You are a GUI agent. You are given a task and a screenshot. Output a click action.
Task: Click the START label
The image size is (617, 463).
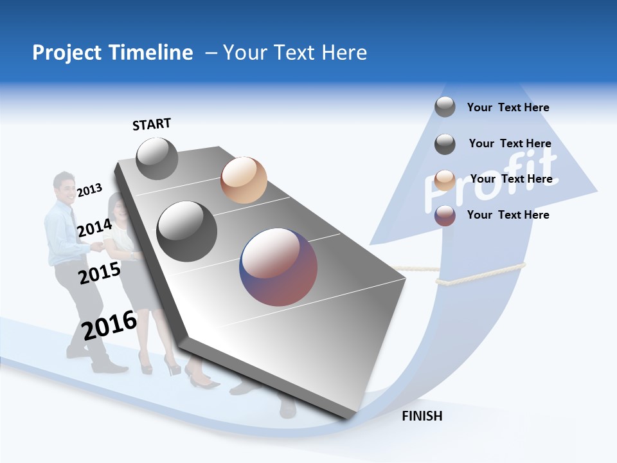pyautogui.click(x=152, y=124)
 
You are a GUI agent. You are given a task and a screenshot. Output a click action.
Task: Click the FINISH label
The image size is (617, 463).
pyautogui.click(x=422, y=416)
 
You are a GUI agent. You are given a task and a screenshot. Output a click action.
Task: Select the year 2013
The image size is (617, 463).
pyautogui.click(x=89, y=190)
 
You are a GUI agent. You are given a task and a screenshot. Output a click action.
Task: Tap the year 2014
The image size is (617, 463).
pyautogui.click(x=94, y=228)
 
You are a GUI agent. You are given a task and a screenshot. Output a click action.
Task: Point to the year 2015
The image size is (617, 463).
pyautogui.click(x=99, y=273)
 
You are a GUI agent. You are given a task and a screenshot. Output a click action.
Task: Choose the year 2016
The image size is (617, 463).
pyautogui.click(x=109, y=325)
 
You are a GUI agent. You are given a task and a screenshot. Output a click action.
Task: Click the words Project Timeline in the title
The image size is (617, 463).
pyautogui.click(x=112, y=53)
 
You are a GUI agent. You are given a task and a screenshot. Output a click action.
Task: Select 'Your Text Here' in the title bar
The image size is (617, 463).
pyautogui.click(x=295, y=53)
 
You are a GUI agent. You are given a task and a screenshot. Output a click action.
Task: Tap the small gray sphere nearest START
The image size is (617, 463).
pyautogui.click(x=157, y=158)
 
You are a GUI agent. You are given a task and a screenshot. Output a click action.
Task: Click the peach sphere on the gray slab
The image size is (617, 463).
pyautogui.click(x=244, y=180)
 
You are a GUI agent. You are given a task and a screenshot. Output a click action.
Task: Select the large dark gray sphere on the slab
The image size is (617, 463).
pyautogui.click(x=187, y=232)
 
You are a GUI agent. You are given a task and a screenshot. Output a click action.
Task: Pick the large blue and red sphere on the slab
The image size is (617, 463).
pyautogui.click(x=278, y=267)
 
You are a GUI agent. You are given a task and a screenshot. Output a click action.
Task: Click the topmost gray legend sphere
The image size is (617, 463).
pyautogui.click(x=445, y=107)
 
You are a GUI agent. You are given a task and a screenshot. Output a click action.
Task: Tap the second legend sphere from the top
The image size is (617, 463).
pyautogui.click(x=445, y=144)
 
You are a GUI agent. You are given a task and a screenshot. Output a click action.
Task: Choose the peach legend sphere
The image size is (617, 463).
pyautogui.click(x=445, y=179)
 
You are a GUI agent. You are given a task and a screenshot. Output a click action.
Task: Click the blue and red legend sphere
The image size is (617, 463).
pyautogui.click(x=445, y=215)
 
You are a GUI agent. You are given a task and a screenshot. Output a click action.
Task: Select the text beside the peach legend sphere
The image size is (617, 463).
pyautogui.click(x=511, y=179)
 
